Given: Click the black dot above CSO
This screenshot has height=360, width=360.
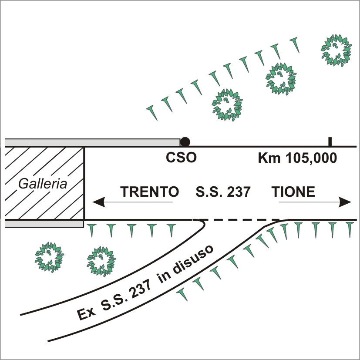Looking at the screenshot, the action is tap(185, 142).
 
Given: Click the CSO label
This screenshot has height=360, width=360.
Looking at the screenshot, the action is tap(181, 158).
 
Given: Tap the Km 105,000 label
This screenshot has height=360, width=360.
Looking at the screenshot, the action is tap(297, 158).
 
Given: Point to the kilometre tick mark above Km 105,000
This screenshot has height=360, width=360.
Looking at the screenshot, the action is tap(330, 141).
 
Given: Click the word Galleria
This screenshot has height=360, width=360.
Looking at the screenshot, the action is tap(43, 184).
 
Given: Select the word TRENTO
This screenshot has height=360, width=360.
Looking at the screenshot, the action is tap(149, 192).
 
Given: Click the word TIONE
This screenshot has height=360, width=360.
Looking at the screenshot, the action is tap(293, 192).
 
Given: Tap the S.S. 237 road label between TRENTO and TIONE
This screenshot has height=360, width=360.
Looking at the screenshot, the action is tap(223, 192).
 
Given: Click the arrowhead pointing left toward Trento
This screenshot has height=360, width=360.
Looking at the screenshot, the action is tap(99, 202).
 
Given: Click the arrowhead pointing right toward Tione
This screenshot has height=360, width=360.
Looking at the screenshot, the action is tap(345, 202).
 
